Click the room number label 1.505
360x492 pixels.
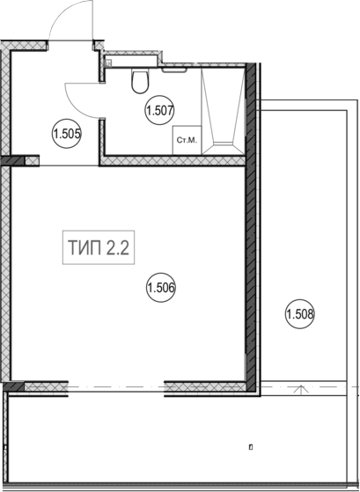67,135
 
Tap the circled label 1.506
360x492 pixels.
160,288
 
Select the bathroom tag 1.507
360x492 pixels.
160,110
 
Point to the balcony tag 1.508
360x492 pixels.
300,314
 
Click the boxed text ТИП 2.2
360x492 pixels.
99,247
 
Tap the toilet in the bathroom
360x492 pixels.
140,82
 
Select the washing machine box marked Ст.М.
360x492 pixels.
187,140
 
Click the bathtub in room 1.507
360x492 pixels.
224,111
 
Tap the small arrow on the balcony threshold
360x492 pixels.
301,390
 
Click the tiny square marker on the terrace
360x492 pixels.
251,447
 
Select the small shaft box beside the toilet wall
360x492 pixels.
108,63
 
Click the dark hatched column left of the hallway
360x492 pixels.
12,161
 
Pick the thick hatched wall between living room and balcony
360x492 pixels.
251,226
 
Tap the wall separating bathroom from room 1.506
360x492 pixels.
172,161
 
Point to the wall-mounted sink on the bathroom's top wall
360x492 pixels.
174,70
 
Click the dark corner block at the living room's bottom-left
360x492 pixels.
14,386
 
